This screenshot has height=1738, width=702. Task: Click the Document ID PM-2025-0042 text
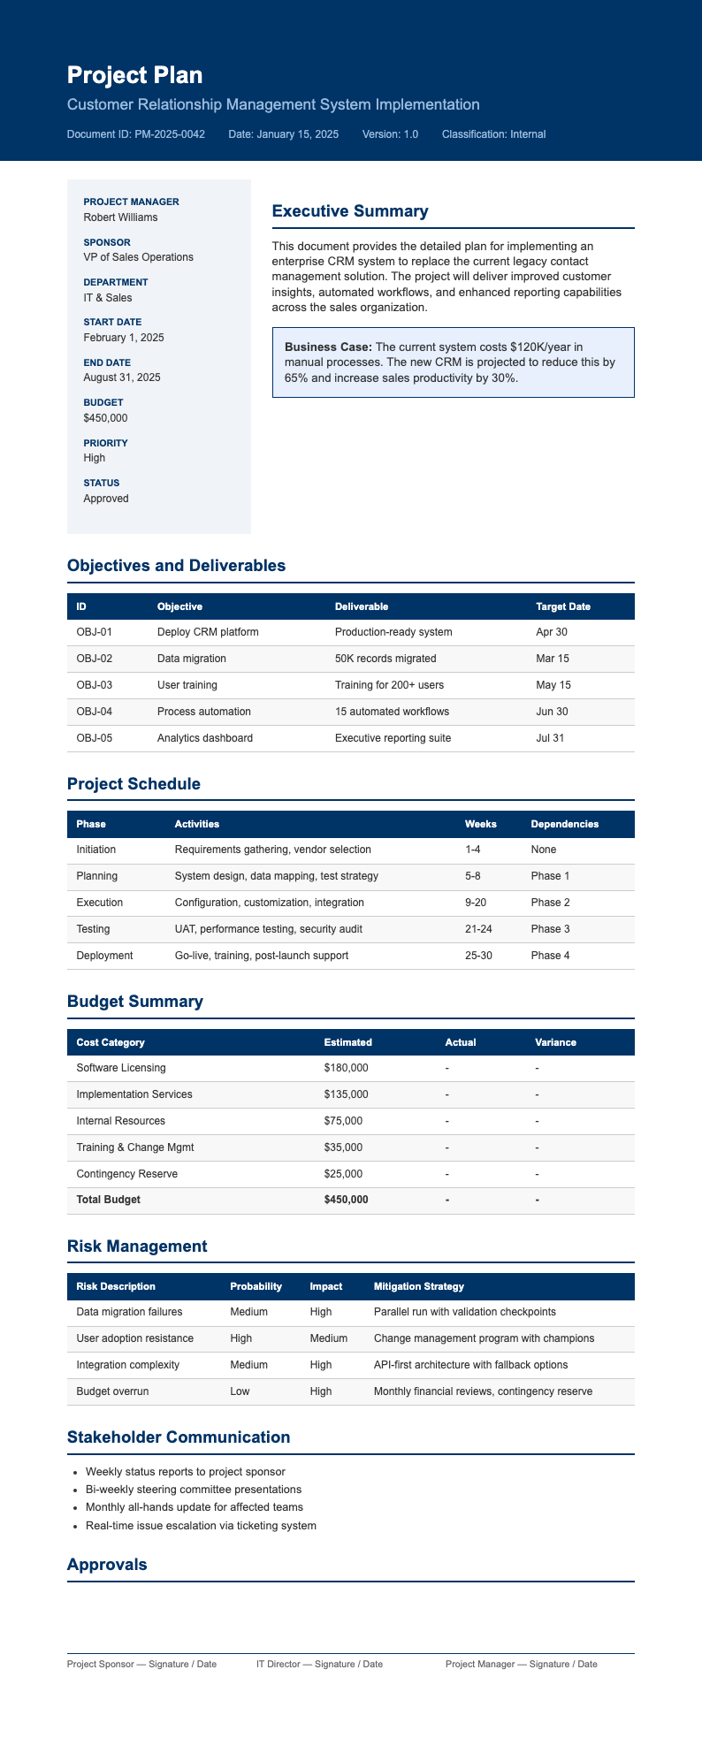[136, 134]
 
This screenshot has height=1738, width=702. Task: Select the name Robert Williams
[121, 217]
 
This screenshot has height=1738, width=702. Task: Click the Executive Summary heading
[350, 211]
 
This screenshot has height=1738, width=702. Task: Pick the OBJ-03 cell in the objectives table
[95, 685]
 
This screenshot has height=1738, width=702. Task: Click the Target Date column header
[563, 606]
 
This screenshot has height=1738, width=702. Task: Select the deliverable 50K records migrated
[385, 659]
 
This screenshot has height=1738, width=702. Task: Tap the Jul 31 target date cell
[550, 738]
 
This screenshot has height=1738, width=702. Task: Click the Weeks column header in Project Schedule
[480, 824]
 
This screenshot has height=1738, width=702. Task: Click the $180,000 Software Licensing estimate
[347, 1068]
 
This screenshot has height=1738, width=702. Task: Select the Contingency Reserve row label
[127, 1174]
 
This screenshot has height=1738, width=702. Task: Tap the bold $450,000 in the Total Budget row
[347, 1200]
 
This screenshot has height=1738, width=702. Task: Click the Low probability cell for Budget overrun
[240, 1391]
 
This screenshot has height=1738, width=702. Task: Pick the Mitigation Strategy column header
[419, 1286]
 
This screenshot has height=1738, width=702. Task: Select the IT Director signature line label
[319, 1665]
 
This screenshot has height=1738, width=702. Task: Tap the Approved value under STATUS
[106, 499]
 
